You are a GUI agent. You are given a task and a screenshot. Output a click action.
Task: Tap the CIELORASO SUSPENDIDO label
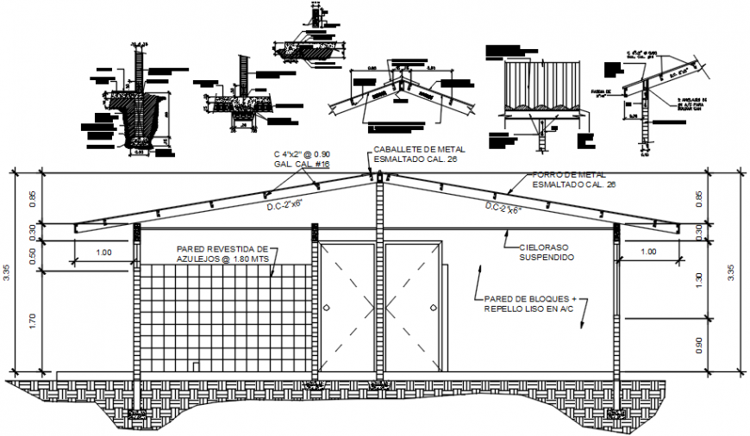tap(540, 252)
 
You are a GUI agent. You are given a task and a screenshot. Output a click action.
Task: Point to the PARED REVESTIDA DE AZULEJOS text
tap(222, 252)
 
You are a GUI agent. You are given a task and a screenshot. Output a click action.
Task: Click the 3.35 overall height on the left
tap(8, 273)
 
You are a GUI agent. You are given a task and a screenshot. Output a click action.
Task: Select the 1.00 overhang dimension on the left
tap(103, 252)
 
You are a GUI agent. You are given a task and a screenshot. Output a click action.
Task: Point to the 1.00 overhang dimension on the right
tap(648, 252)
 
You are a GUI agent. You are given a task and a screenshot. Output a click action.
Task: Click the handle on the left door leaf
tap(327, 307)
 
